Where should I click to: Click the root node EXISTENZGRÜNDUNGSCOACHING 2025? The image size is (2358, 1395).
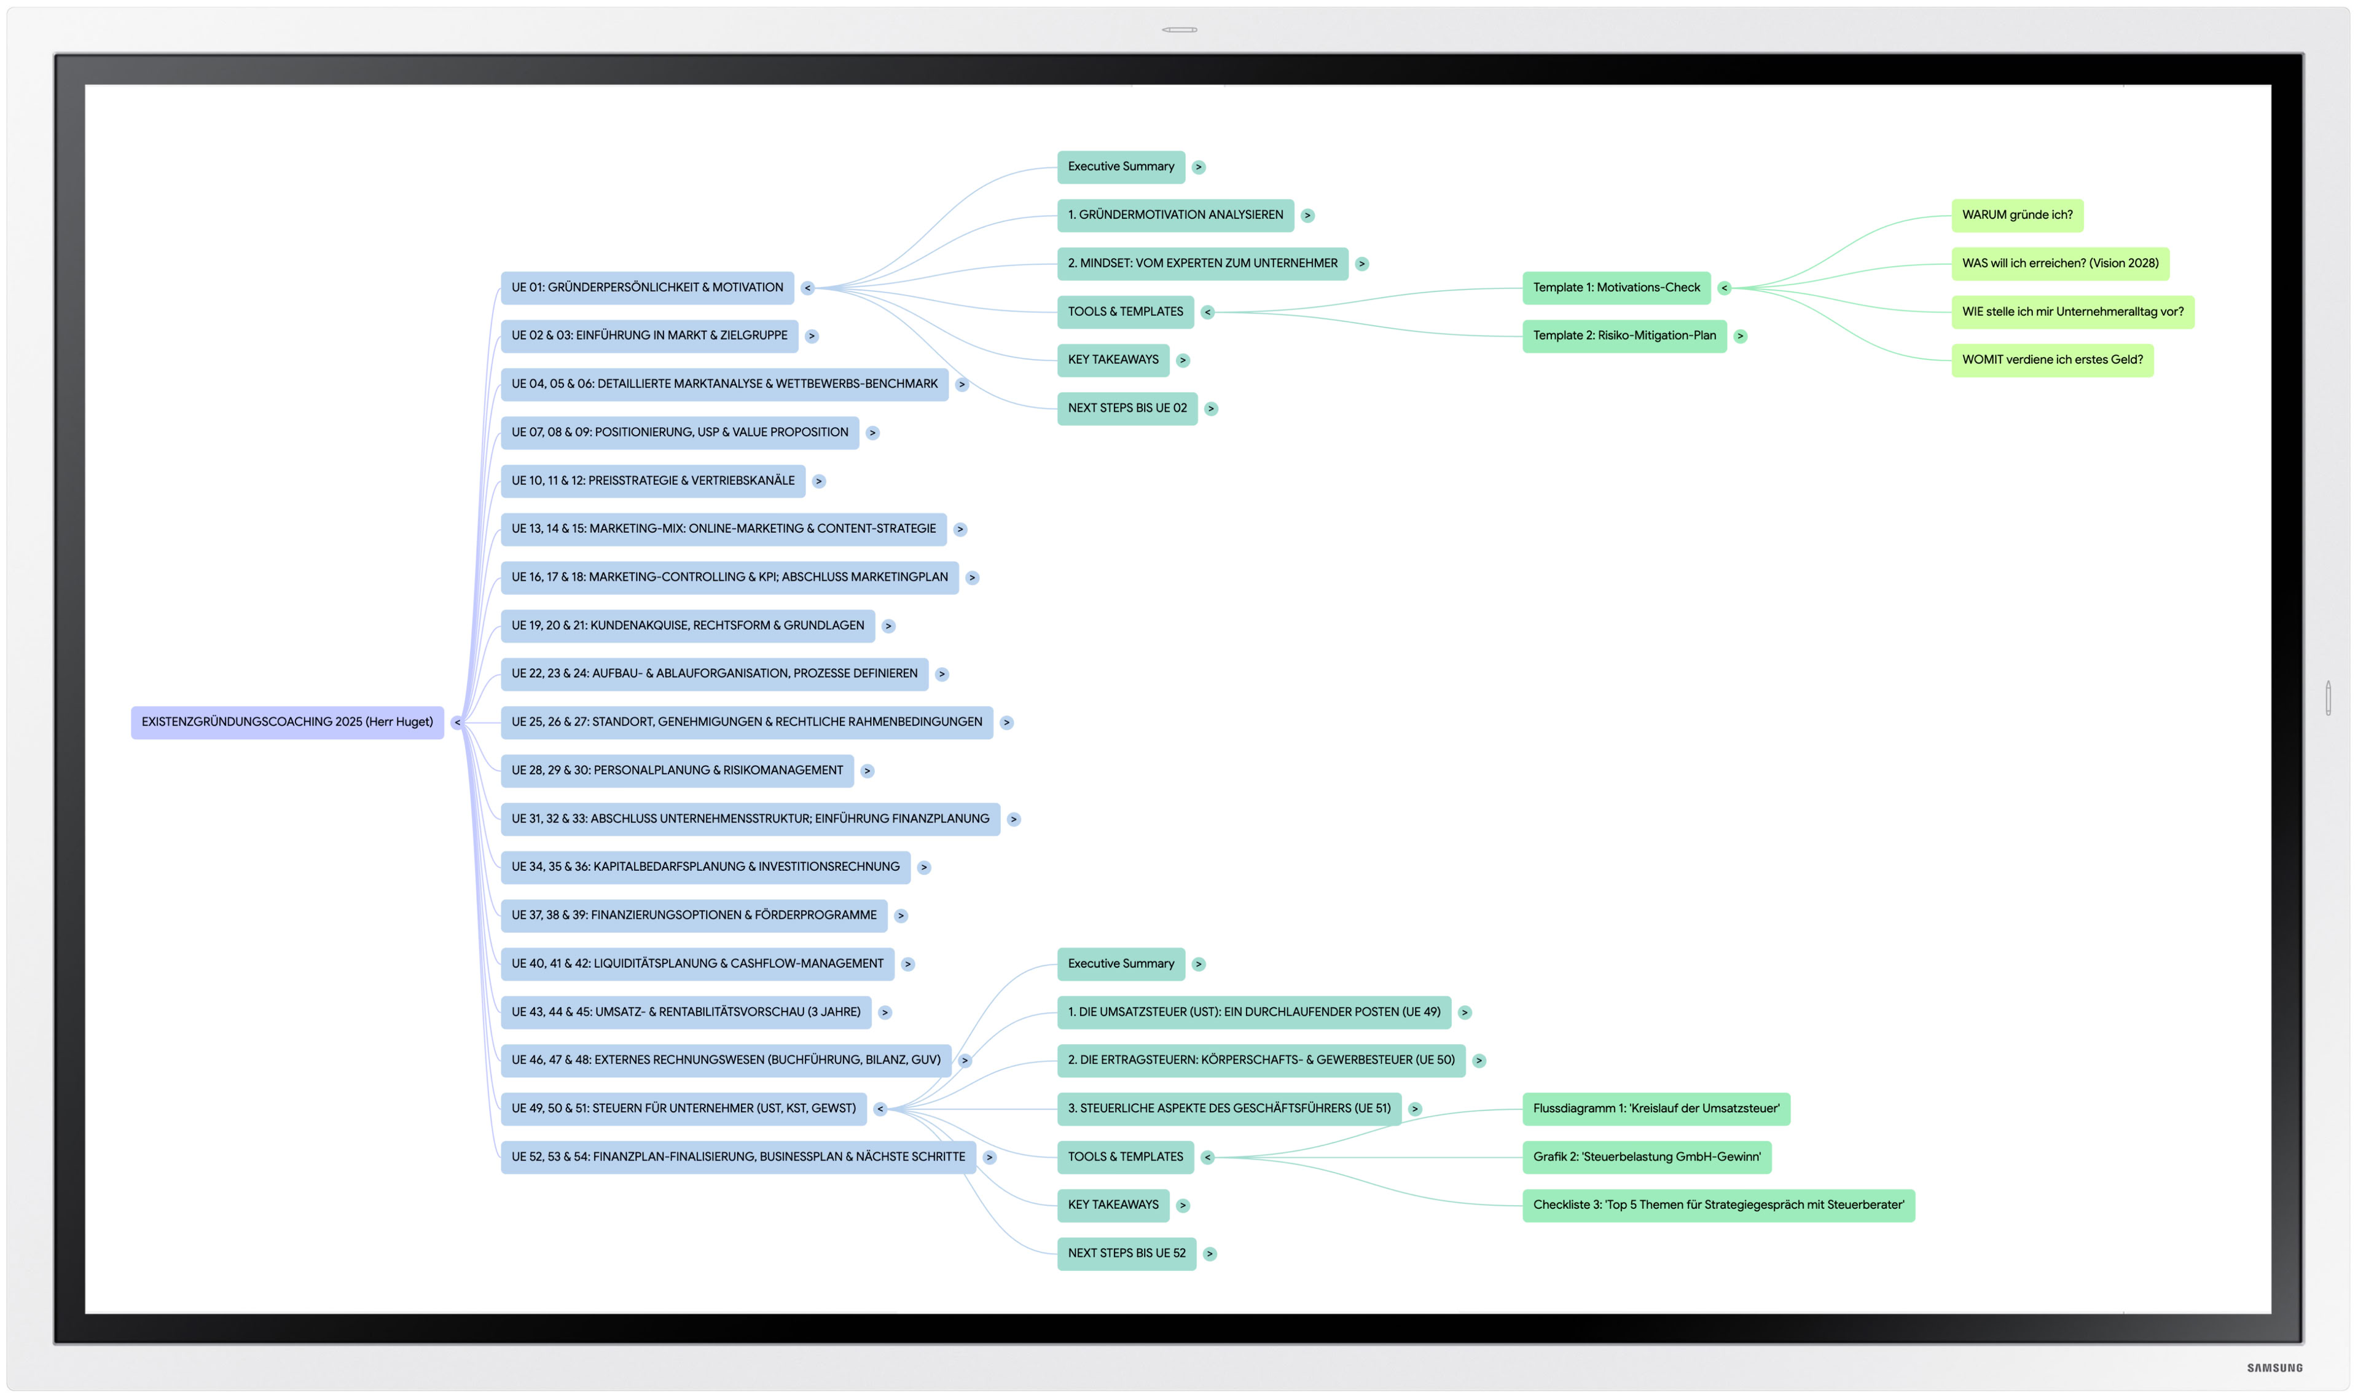pyautogui.click(x=287, y=722)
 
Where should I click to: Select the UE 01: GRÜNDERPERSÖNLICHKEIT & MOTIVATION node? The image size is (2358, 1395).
pyautogui.click(x=646, y=288)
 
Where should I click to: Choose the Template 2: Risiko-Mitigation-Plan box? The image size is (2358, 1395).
pyautogui.click(x=1623, y=336)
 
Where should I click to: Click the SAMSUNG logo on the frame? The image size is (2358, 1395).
pyautogui.click(x=2274, y=1368)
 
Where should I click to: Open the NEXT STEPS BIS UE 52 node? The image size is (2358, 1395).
pyautogui.click(x=1126, y=1253)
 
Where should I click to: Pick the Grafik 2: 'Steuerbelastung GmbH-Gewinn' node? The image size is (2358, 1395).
pyautogui.click(x=1645, y=1157)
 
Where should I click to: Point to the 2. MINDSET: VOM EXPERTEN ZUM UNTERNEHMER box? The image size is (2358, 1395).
pyautogui.click(x=1202, y=263)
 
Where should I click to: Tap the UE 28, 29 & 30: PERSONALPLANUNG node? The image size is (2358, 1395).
pyautogui.click(x=676, y=771)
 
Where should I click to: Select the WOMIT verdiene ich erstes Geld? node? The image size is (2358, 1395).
pyautogui.click(x=2051, y=360)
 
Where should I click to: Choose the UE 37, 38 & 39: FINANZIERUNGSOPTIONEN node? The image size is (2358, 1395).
pyautogui.click(x=694, y=916)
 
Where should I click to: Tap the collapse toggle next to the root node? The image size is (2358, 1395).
pyautogui.click(x=456, y=723)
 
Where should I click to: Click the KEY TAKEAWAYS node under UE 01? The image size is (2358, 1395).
pyautogui.click(x=1113, y=360)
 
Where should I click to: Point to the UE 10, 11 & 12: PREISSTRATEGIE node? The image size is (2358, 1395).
pyautogui.click(x=652, y=481)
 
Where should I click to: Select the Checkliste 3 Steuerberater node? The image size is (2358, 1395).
pyautogui.click(x=1717, y=1205)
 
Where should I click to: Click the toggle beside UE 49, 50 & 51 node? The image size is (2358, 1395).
pyautogui.click(x=880, y=1109)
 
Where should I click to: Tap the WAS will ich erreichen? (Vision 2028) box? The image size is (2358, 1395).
pyautogui.click(x=2059, y=263)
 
